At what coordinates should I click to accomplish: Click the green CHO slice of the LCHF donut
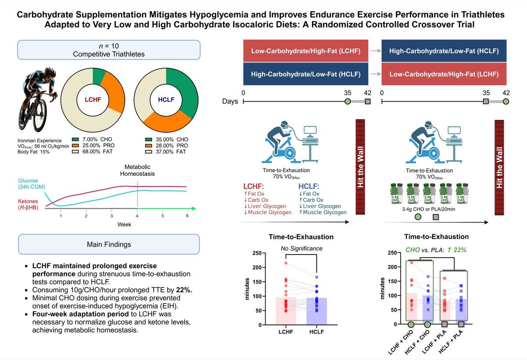pos(99,76)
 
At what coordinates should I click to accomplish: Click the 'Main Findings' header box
pos(108,244)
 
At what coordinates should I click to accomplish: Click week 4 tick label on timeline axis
pos(137,216)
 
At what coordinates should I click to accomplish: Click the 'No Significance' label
pos(302,248)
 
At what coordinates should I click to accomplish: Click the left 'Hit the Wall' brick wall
pos(361,167)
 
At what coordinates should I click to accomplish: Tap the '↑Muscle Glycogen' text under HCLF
pos(321,212)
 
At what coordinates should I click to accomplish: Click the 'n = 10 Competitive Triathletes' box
pos(108,50)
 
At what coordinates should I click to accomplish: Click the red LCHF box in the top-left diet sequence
pos(306,51)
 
